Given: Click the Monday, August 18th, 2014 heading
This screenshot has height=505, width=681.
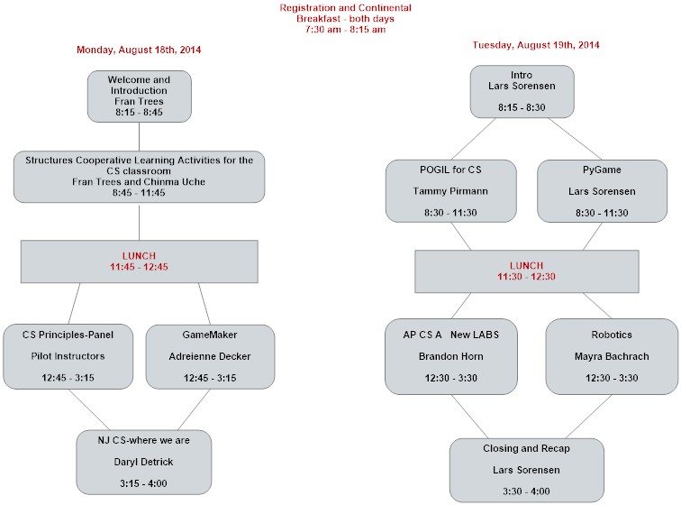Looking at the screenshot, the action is [x=139, y=50].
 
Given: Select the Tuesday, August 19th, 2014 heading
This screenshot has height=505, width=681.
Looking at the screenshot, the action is [x=535, y=45].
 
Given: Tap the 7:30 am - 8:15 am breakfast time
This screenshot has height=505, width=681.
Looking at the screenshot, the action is [x=345, y=30].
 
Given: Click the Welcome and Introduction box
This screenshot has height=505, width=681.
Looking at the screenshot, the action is [x=140, y=96].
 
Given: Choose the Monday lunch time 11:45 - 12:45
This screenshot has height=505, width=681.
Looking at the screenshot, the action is [x=139, y=267].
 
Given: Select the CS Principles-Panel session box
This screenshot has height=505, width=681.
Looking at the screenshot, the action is [x=68, y=356].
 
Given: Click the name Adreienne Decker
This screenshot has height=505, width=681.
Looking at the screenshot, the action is [x=210, y=356].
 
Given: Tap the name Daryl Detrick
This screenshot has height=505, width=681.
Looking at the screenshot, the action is [x=143, y=462].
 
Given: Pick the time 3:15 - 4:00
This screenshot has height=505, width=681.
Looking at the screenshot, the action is [x=143, y=483].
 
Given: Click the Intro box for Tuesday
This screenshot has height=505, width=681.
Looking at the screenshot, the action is [x=522, y=91].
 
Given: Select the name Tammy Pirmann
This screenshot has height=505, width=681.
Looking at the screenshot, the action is [x=450, y=191].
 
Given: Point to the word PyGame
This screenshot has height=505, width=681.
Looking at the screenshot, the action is [x=602, y=170].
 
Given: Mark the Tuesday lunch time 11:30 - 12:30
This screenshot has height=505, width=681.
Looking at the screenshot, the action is [x=526, y=277].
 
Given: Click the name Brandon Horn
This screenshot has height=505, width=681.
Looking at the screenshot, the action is [x=450, y=356].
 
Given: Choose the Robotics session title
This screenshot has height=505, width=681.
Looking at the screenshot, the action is [x=612, y=335].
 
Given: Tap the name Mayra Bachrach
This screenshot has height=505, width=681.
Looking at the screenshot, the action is [x=612, y=356].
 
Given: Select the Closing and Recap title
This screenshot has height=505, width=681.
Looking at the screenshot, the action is [x=526, y=448].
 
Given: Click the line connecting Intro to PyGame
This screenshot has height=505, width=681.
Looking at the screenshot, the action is [x=575, y=139].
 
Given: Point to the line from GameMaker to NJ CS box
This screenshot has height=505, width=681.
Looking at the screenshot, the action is [x=195, y=409].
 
